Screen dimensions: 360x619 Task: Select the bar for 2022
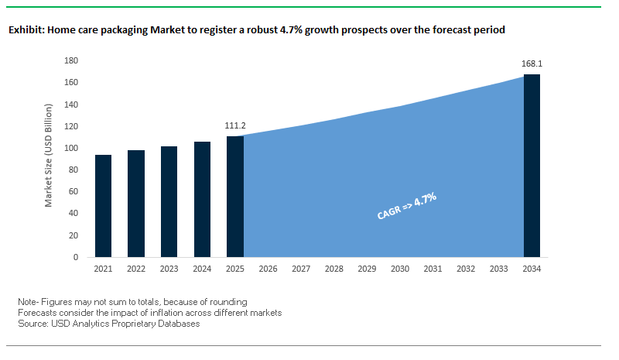136,204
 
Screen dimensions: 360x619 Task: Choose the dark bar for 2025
235,197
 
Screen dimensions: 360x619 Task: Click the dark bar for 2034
532,166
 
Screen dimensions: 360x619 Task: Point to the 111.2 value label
235,125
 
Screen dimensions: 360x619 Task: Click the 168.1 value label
532,63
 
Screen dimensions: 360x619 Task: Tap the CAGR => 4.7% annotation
407,207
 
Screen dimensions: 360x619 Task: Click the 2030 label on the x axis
400,269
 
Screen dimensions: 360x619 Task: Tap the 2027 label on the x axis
301,269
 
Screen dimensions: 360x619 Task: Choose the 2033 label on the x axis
499,269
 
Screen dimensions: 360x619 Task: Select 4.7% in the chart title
324,30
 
